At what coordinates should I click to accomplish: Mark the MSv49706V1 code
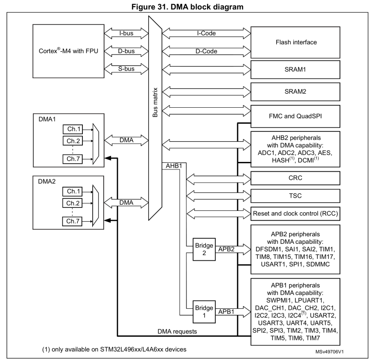[336, 351]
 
